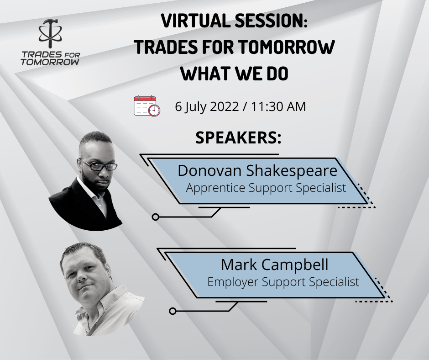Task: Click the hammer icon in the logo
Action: pos(50,33)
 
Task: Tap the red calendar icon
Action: pos(147,106)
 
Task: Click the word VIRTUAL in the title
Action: pos(196,21)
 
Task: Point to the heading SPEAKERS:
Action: pos(238,138)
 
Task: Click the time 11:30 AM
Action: pos(278,106)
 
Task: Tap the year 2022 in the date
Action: pos(225,106)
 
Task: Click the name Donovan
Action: pos(209,170)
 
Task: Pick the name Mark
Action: pos(239,265)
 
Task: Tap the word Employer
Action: pos(233,282)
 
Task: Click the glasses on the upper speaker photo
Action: pos(99,165)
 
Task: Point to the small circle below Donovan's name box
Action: pos(156,217)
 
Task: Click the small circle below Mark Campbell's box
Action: pos(173,311)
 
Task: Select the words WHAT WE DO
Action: pos(235,74)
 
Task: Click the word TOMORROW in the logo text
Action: pos(50,62)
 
